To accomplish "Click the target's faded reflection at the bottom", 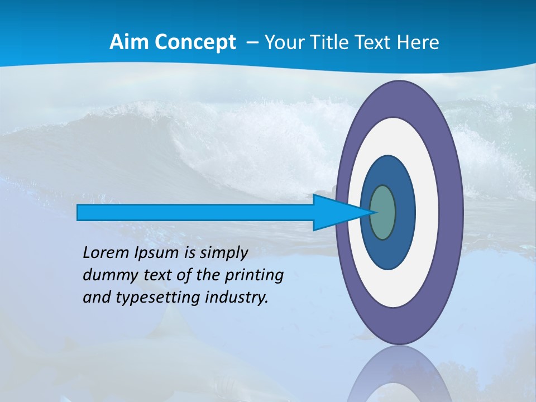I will click(399, 377).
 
